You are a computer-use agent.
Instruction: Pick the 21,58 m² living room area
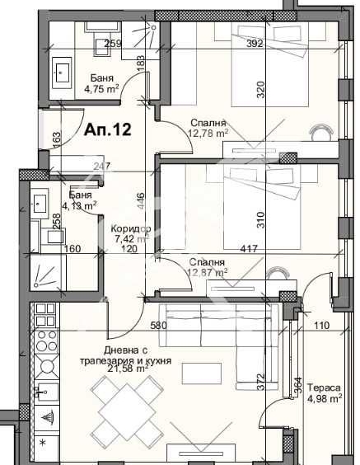click(124, 369)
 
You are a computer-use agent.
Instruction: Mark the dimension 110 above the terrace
click(320, 326)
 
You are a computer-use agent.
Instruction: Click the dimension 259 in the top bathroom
click(113, 44)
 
